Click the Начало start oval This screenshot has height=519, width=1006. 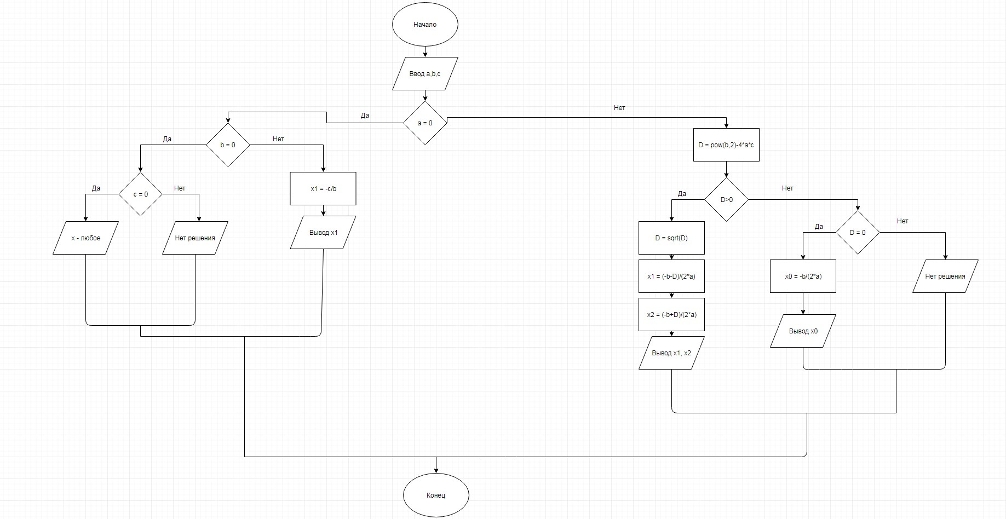click(x=425, y=25)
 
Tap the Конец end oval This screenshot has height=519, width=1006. click(x=436, y=495)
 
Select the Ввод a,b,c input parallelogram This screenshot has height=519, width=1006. click(x=425, y=74)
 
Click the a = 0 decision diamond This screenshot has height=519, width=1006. click(x=425, y=123)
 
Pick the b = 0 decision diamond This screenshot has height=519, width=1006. click(x=228, y=145)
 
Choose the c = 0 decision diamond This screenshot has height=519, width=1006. click(x=141, y=194)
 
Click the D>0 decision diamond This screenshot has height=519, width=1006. click(x=726, y=200)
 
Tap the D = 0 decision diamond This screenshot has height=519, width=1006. click(x=858, y=233)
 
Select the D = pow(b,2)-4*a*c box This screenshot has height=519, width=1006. click(x=726, y=145)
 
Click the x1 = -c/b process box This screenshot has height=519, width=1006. click(x=323, y=189)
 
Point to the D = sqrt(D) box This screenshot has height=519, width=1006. click(x=671, y=238)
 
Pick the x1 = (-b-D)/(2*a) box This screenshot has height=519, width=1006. click(x=671, y=276)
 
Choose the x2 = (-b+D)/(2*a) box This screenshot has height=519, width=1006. click(x=671, y=315)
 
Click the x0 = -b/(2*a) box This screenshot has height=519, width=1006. click(x=803, y=276)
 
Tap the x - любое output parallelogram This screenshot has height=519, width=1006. click(x=86, y=238)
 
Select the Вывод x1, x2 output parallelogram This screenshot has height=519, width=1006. click(x=671, y=353)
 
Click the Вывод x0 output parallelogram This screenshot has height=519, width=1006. click(x=803, y=331)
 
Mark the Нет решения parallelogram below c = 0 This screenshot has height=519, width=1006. click(x=195, y=238)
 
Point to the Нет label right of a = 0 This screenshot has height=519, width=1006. click(x=619, y=108)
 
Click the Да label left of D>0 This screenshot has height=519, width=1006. click(x=682, y=194)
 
